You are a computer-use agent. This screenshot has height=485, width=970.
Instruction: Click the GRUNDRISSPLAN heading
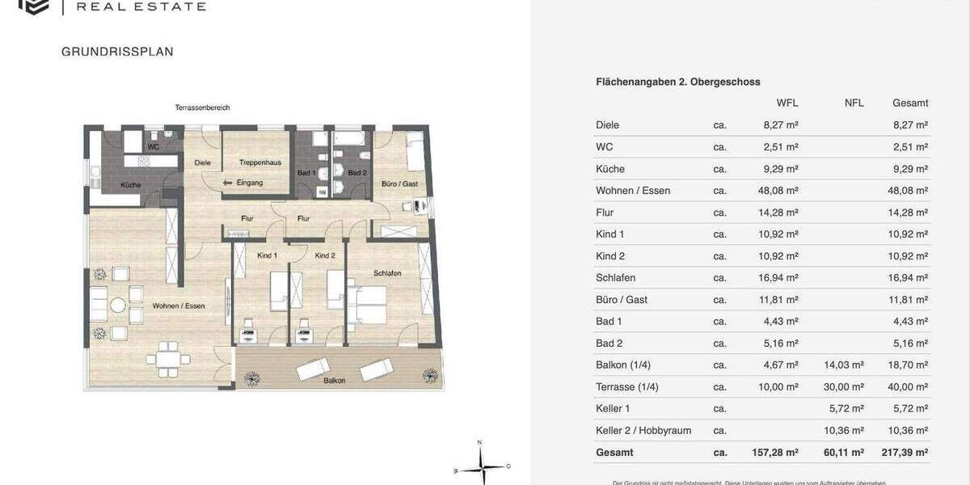pos(117,52)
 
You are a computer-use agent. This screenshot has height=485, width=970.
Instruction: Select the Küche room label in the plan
pos(131,185)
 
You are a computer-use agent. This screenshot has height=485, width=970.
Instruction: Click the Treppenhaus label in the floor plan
pos(259,162)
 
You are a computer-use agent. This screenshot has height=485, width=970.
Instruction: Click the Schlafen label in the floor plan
pos(387,273)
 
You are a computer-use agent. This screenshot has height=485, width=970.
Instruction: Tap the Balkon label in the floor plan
pos(335,380)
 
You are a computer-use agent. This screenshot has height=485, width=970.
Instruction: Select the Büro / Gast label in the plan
pos(399,184)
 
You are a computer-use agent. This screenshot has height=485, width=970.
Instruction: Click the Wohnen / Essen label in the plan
pos(178,306)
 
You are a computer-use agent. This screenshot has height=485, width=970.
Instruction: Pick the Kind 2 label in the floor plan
pos(325,255)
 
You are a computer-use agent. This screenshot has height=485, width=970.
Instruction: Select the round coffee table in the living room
pos(118,306)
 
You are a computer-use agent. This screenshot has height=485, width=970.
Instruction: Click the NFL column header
pos(854,103)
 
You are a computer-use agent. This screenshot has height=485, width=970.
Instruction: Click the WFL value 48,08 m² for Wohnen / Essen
pos(780,191)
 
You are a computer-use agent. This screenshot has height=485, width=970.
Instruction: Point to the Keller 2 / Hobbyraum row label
pos(643,431)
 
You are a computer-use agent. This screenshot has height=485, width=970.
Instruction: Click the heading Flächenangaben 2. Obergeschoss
pos(677,82)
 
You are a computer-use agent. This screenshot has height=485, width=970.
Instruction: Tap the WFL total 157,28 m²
pos(774,453)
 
